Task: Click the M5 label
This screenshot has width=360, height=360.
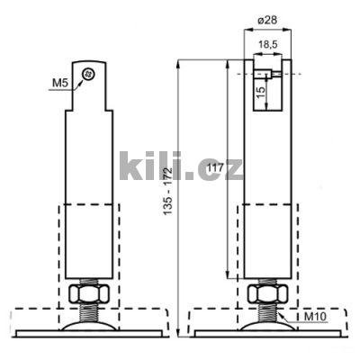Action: pyautogui.click(x=58, y=84)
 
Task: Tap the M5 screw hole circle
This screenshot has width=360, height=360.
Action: pyautogui.click(x=87, y=74)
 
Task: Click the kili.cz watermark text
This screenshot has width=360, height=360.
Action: pyautogui.click(x=180, y=166)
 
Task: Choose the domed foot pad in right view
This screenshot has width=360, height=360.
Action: pyautogui.click(x=267, y=327)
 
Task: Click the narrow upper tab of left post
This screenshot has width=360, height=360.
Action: pyautogui.click(x=89, y=85)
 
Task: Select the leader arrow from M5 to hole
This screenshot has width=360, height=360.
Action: pyautogui.click(x=77, y=81)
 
